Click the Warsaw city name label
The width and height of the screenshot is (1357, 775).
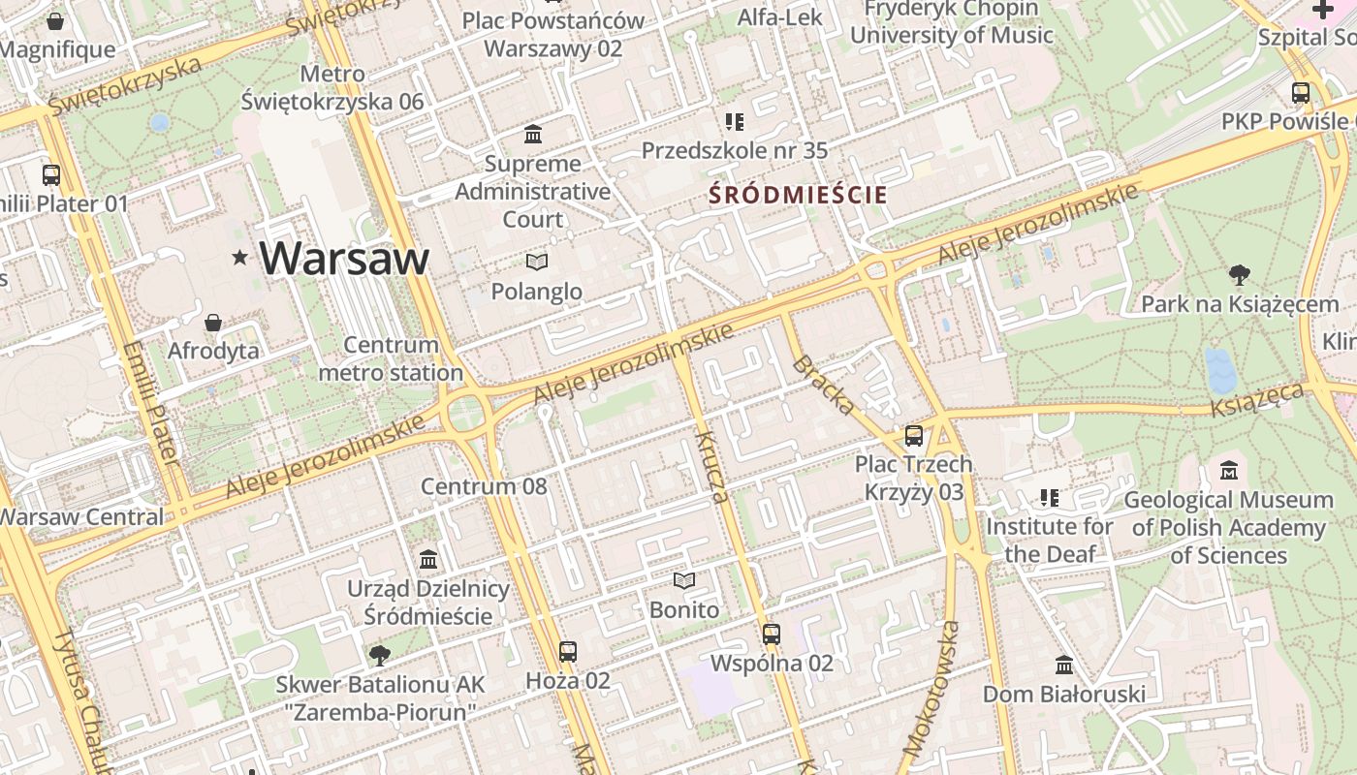344,259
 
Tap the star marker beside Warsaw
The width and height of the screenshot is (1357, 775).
239,258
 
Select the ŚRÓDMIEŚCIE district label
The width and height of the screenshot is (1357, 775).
798,195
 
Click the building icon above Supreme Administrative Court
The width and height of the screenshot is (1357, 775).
532,134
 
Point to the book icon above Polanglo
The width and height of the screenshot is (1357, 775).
536,262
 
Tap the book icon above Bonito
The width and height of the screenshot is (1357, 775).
684,580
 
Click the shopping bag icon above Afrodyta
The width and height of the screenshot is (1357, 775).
213,322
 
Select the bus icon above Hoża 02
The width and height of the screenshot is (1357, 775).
568,651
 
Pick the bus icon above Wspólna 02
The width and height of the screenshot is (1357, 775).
772,635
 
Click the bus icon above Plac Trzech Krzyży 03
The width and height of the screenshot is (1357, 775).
913,435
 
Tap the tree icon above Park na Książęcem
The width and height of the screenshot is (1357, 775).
1239,275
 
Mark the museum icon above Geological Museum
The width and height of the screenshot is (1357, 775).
1229,471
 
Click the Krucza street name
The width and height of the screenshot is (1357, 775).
710,467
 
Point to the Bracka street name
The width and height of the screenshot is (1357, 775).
823,385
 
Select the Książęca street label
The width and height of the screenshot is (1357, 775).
1256,399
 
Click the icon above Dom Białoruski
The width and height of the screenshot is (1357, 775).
1064,666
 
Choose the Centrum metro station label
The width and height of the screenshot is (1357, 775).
391,358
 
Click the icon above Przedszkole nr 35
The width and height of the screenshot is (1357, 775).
735,122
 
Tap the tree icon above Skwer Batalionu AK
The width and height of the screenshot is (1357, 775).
380,656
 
